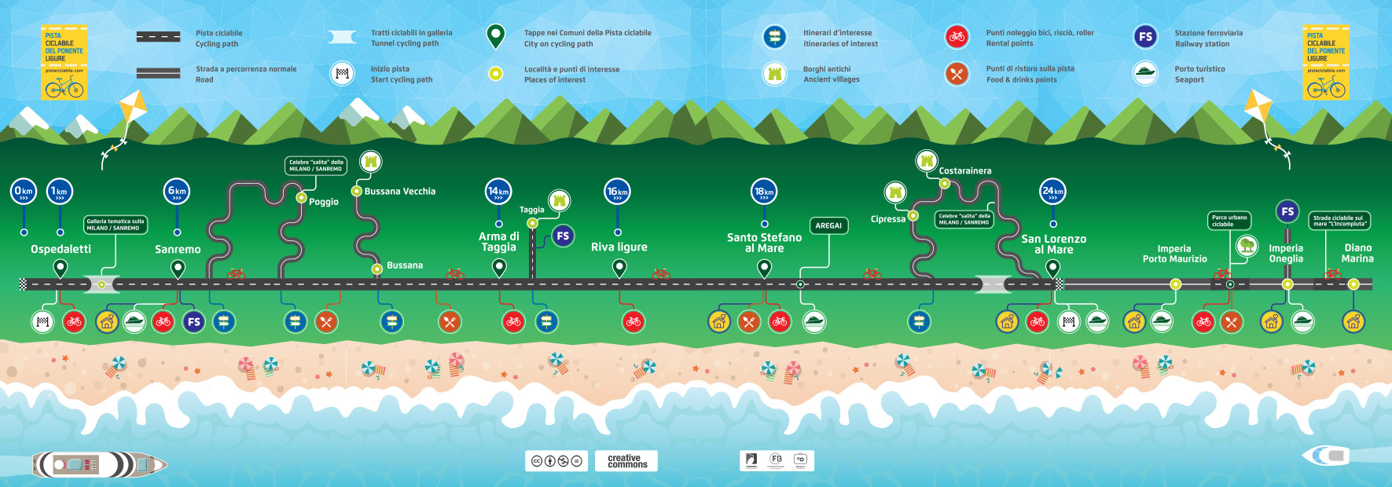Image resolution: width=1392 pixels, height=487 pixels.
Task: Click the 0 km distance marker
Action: click(24, 191)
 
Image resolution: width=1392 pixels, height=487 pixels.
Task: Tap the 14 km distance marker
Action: click(498, 191)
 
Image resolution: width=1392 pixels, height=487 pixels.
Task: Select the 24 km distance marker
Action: click(1052, 191)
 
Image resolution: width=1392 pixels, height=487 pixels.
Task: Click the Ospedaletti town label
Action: click(61, 249)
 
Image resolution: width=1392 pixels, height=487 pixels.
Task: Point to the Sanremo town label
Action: click(178, 249)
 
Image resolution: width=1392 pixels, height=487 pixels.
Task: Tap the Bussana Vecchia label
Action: click(399, 191)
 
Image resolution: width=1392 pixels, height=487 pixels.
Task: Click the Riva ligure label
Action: click(619, 247)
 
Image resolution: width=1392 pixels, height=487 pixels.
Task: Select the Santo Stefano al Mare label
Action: click(764, 243)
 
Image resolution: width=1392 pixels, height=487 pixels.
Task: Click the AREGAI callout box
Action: click(828, 225)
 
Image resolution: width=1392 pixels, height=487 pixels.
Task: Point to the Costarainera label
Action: click(965, 170)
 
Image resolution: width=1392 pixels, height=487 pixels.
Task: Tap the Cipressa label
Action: click(888, 219)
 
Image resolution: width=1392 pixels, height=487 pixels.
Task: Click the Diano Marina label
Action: click(1357, 253)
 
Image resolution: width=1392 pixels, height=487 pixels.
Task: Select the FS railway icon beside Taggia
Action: click(563, 236)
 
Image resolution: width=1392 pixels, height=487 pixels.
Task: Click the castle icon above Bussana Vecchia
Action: click(371, 162)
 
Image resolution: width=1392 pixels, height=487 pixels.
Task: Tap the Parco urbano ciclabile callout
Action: click(1229, 221)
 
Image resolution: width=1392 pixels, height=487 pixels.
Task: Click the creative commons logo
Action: click(626, 461)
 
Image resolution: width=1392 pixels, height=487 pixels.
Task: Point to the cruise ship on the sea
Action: click(98, 464)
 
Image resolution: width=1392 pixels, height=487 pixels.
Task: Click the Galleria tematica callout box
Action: click(116, 225)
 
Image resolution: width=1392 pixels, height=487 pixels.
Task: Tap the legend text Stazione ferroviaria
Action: click(1208, 33)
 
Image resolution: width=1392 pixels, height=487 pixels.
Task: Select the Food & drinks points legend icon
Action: click(957, 74)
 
